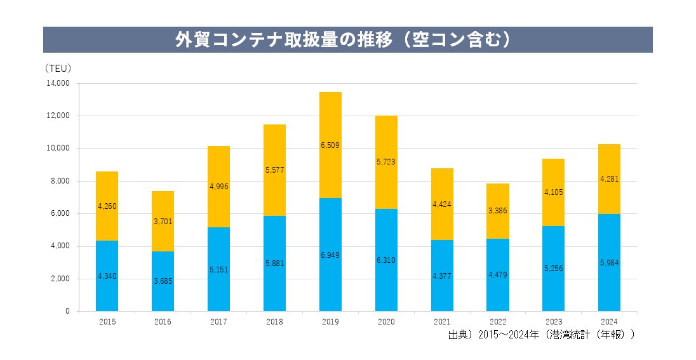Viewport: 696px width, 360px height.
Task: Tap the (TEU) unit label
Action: click(x=58, y=68)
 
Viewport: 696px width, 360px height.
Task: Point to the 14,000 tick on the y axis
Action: click(x=58, y=83)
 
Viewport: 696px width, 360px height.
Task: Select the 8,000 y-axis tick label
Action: click(x=60, y=181)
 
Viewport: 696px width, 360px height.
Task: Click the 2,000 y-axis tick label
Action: click(x=60, y=279)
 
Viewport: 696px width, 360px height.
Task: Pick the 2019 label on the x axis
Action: click(x=330, y=322)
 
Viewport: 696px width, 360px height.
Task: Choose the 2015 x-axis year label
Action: click(x=107, y=322)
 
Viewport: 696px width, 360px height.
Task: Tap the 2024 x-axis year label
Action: click(x=609, y=322)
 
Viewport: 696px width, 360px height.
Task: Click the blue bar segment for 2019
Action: click(x=330, y=254)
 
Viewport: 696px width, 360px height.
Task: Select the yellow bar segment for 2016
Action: click(x=163, y=221)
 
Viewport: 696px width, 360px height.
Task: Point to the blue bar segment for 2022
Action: click(x=497, y=275)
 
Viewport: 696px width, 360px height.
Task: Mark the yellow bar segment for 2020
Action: click(x=386, y=162)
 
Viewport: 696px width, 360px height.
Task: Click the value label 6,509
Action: click(x=330, y=145)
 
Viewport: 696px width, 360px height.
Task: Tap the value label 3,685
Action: click(x=163, y=281)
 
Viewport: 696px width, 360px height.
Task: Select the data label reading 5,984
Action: click(x=609, y=263)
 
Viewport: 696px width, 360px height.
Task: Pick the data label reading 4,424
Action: click(x=442, y=204)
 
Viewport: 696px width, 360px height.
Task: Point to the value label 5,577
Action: click(x=274, y=170)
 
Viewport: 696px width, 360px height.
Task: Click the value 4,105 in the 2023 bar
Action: click(x=553, y=192)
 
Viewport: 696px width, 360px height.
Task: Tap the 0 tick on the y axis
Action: click(x=67, y=311)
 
